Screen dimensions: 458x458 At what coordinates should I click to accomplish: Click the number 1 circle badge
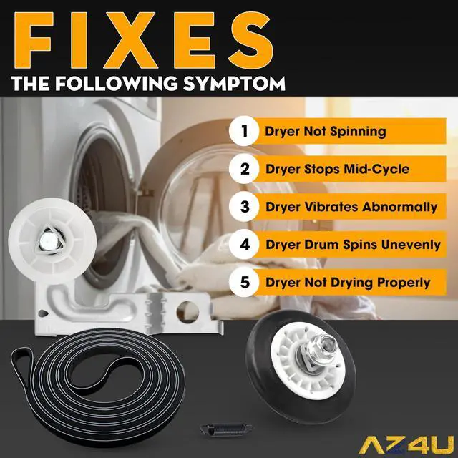244,131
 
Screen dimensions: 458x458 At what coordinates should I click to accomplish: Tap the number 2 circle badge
244,169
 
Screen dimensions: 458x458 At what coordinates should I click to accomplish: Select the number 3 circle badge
244,207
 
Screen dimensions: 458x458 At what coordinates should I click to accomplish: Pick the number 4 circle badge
244,244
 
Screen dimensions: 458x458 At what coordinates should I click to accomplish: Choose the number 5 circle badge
244,282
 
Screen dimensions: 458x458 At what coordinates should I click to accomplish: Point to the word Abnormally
399,207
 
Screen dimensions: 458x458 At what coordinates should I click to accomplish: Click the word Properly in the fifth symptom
403,283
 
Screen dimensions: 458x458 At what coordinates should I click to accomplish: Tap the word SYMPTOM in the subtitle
234,83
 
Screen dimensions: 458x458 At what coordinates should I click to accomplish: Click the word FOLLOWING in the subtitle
116,83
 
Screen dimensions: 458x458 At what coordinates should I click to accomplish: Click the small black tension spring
226,429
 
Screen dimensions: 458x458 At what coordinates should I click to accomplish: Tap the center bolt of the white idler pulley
48,240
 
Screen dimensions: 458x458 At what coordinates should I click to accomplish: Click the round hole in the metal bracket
187,312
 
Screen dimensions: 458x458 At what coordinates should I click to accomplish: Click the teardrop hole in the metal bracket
43,313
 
